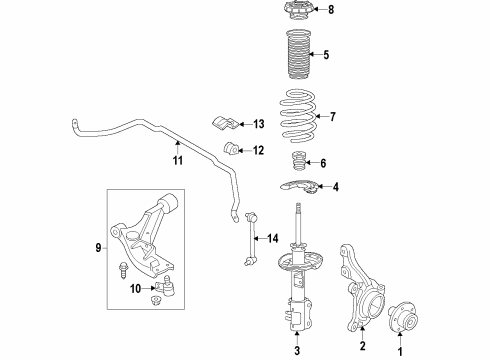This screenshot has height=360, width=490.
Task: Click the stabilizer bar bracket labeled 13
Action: [226, 125]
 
